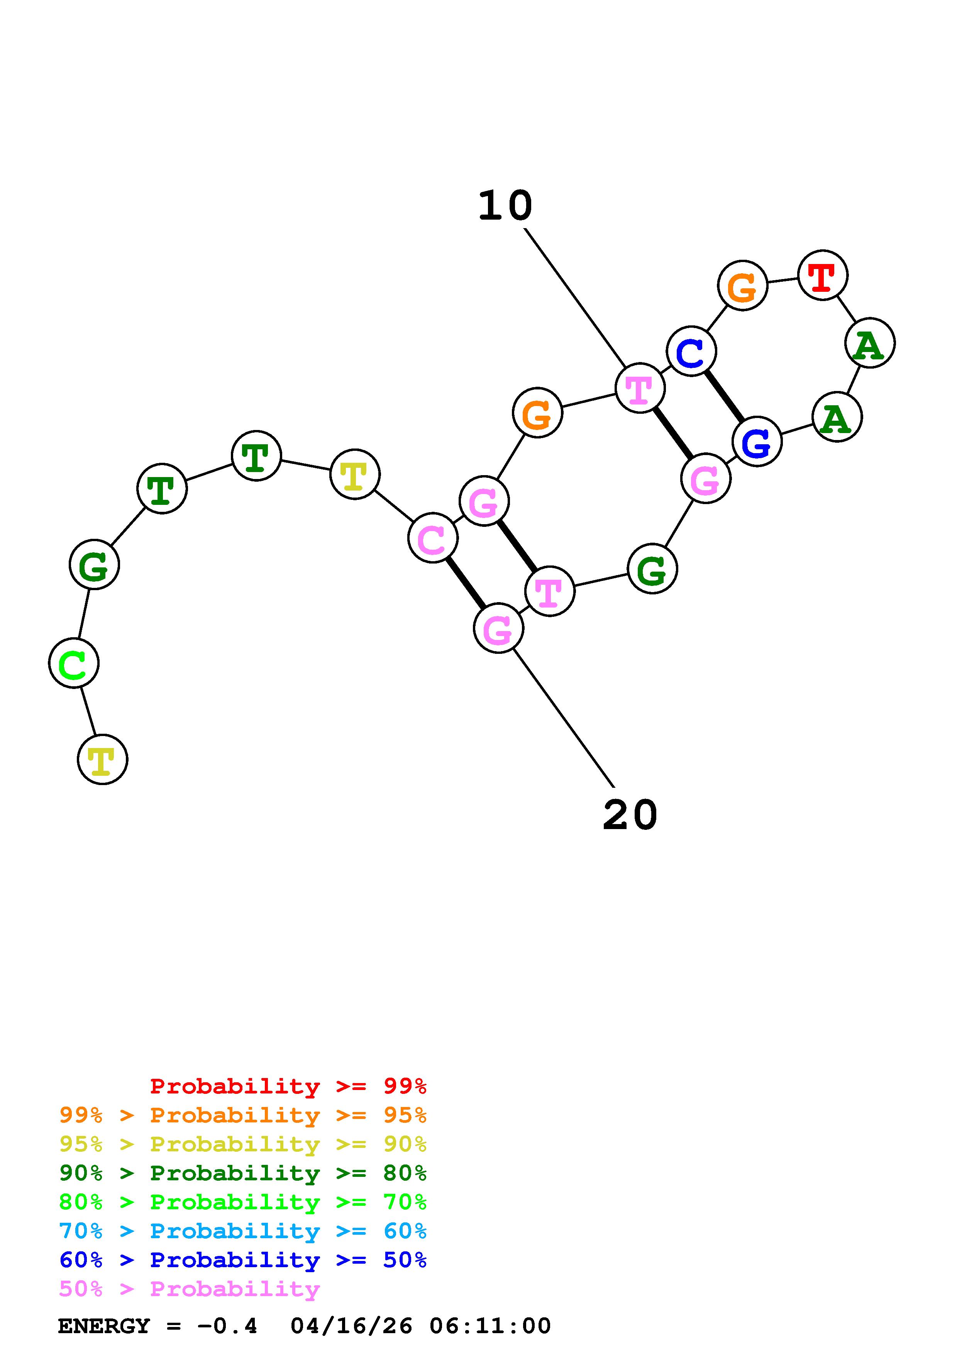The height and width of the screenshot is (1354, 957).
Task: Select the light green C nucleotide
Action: click(74, 663)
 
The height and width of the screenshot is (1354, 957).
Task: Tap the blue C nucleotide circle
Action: click(691, 352)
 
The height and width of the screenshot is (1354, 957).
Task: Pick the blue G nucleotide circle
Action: click(757, 441)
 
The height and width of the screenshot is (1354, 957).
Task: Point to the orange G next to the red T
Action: click(742, 285)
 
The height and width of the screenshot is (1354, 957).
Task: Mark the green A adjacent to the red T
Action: click(870, 343)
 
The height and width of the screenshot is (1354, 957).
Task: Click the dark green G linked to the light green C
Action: click(94, 565)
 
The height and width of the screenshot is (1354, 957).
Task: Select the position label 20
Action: click(630, 816)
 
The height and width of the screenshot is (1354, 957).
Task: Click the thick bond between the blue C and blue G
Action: click(724, 396)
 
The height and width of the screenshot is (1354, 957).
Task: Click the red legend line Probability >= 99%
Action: click(288, 1086)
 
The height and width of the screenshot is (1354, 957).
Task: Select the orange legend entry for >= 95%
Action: click(243, 1115)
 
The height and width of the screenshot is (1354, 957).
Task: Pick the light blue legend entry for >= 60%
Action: click(243, 1231)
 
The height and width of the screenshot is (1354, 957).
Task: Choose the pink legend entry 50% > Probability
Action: click(190, 1289)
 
